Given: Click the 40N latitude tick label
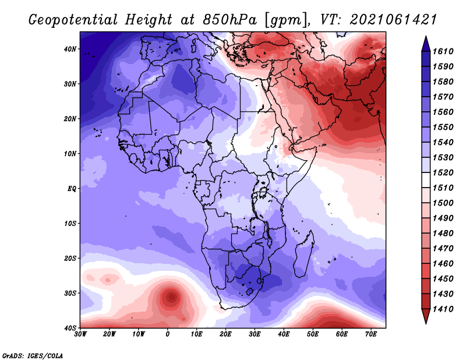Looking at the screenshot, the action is coord(70,49).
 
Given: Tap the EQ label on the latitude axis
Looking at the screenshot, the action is coord(72,189).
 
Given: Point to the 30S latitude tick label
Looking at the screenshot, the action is coord(70,294).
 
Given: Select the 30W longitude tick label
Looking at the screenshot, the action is coord(80,334).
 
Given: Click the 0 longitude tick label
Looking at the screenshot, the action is coord(168,334).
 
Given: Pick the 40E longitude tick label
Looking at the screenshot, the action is coord(284,334).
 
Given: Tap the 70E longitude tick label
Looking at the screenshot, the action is coord(371,334).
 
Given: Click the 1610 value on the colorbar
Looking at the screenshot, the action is coord(443,51).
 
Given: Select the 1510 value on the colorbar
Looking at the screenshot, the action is coord(443,188).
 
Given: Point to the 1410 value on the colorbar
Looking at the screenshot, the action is coord(443,309).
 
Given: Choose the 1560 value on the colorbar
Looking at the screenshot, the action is coord(443,112).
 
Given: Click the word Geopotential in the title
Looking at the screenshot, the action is coord(73,20).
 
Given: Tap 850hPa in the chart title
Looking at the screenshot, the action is coord(230,20).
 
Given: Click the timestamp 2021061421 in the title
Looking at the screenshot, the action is coord(394,20).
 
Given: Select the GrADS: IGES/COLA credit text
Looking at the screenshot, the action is coord(33,356).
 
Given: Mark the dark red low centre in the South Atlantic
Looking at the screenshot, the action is coord(172,297).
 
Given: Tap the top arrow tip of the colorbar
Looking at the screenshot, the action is coord(426,36).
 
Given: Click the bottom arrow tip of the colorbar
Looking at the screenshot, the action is coord(426,323).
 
